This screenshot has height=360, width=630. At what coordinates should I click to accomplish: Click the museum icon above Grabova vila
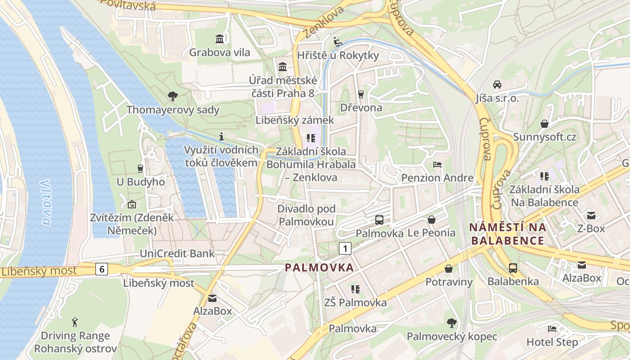point(220,39)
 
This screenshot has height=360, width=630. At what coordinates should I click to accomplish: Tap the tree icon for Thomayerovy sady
point(172,96)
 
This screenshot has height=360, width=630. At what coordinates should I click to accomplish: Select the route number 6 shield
point(102,269)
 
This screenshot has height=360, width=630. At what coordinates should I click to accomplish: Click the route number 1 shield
point(345,248)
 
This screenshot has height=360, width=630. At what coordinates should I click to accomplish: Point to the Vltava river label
point(45,202)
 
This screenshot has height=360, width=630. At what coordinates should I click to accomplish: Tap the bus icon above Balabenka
point(513,268)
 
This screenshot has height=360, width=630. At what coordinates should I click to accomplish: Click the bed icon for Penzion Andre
point(437,165)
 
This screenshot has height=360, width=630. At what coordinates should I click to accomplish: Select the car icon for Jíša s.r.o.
point(497,84)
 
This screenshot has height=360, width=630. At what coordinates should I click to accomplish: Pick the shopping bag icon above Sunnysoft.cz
point(544,123)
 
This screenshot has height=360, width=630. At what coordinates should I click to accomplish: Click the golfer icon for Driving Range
point(75,322)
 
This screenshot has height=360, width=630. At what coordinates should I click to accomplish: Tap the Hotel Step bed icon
point(552,329)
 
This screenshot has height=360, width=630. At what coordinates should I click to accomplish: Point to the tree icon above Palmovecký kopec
point(451,323)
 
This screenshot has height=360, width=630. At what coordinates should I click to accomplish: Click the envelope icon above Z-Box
point(591,215)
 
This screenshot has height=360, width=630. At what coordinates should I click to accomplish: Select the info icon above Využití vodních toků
point(221,136)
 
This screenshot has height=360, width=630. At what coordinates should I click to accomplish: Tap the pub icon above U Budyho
point(140,169)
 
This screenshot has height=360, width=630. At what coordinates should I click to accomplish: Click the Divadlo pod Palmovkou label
point(306,215)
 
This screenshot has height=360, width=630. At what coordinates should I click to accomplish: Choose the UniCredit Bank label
point(177,253)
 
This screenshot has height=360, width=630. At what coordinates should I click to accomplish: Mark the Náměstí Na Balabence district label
point(508,234)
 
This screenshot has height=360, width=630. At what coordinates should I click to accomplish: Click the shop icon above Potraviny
point(449,269)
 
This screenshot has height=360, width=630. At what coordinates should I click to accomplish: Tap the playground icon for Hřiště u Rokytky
point(337,42)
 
